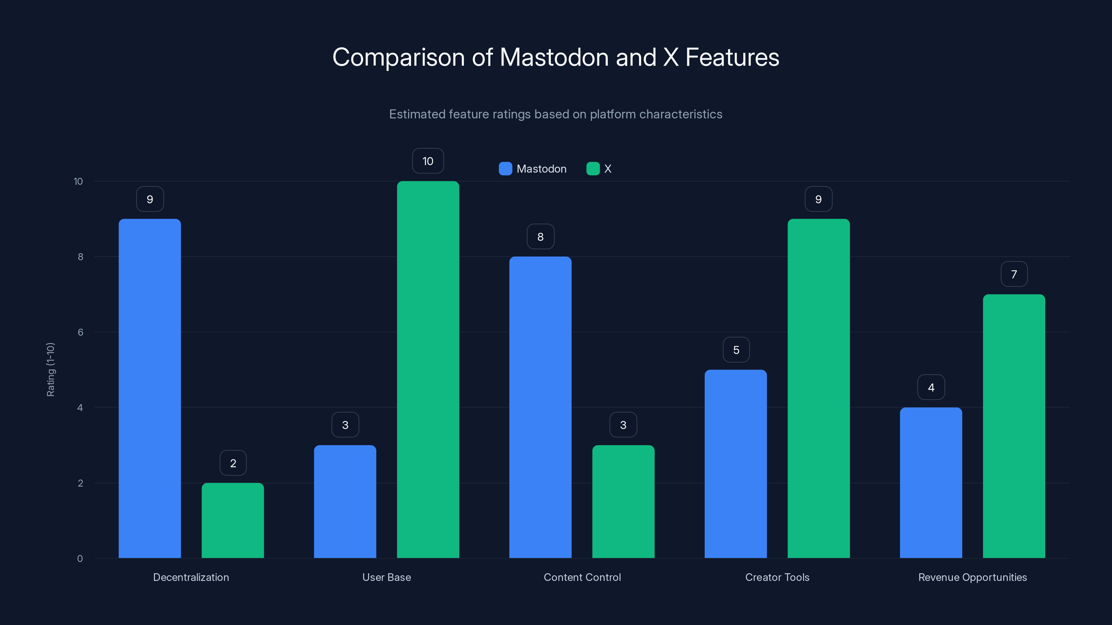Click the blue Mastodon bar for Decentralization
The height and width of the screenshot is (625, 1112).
point(150,388)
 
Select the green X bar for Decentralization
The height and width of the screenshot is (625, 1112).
point(233,520)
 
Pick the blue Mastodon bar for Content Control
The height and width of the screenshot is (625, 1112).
point(540,407)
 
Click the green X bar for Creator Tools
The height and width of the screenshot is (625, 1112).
point(818,388)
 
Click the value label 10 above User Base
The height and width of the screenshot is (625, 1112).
point(428,161)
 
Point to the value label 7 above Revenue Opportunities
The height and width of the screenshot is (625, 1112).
point(1014,274)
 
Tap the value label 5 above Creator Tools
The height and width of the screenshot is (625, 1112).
point(736,350)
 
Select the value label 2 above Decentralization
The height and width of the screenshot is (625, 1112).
point(233,463)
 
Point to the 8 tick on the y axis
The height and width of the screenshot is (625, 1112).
point(80,257)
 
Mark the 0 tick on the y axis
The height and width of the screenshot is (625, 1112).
point(80,559)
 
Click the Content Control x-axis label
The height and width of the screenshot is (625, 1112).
point(582,577)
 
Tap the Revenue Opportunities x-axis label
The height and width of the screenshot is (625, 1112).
point(972,577)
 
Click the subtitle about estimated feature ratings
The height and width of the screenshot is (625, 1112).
point(556,114)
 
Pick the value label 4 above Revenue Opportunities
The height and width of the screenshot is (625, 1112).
point(931,387)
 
